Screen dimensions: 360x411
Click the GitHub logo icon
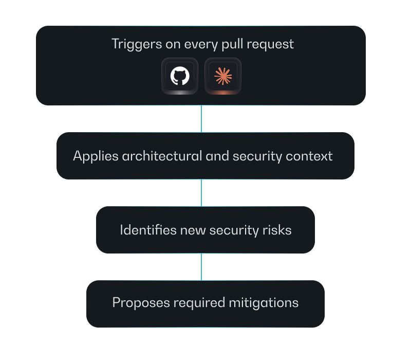coord(180,76)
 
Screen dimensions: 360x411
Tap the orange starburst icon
coord(223,76)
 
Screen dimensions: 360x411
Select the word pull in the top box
coord(233,44)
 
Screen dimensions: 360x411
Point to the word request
coord(270,44)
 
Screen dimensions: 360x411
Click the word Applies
coord(96,156)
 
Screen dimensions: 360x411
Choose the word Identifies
coord(148,230)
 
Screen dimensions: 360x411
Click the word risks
coord(278,230)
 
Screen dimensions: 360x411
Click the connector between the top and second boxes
coord(201,118)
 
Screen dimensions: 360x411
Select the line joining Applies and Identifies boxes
coord(201,192)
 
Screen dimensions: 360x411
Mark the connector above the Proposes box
coord(201,266)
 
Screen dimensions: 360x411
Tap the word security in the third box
coord(235,230)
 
